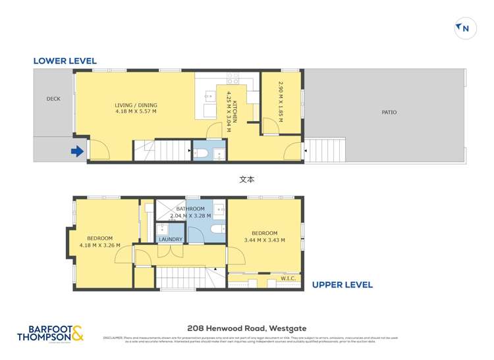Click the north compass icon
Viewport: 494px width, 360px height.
pyautogui.click(x=465, y=28)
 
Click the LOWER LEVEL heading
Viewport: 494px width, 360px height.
pyautogui.click(x=65, y=61)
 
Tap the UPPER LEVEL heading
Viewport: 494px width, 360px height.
pyautogui.click(x=342, y=285)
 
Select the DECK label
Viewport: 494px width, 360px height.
pyautogui.click(x=53, y=99)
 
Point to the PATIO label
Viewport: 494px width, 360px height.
pyautogui.click(x=389, y=112)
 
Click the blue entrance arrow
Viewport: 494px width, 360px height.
pyautogui.click(x=77, y=152)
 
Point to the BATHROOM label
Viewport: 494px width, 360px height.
pyautogui.click(x=190, y=209)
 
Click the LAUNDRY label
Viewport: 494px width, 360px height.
pyautogui.click(x=171, y=240)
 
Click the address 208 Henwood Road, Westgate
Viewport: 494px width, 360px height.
pyautogui.click(x=247, y=328)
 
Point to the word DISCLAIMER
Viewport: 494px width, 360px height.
pyautogui.click(x=114, y=338)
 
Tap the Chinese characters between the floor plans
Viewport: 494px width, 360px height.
pyautogui.click(x=247, y=178)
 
